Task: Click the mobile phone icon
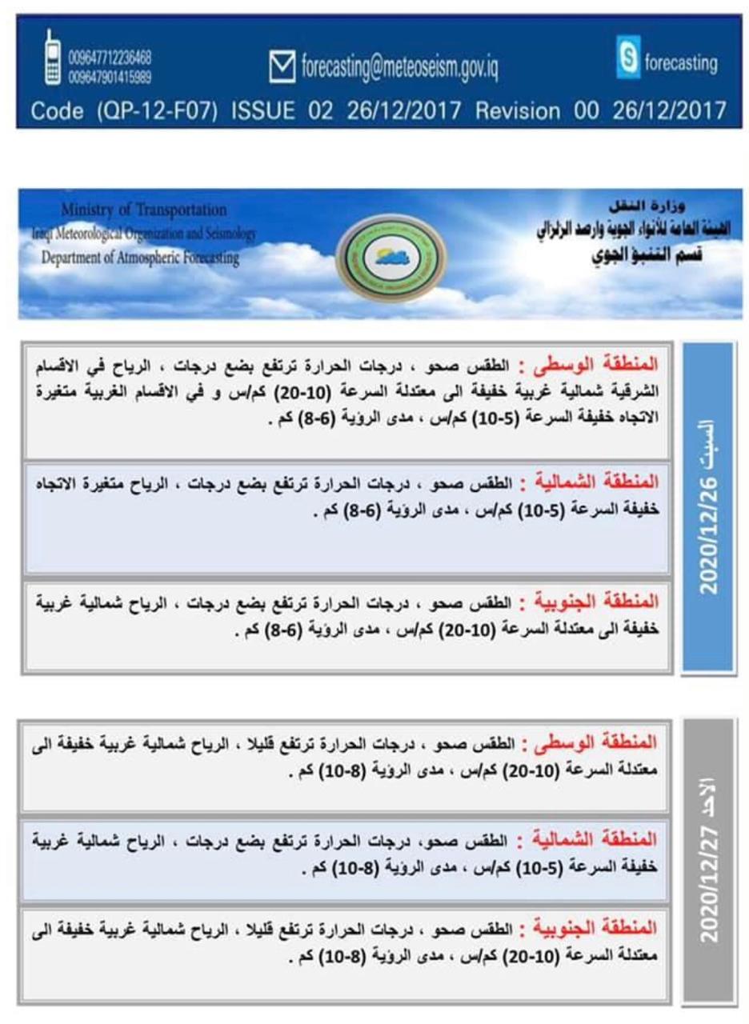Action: [x=53, y=58]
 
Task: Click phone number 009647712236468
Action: [x=110, y=58]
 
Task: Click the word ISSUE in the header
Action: [x=264, y=110]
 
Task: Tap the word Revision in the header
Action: [x=524, y=110]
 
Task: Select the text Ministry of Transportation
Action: [x=143, y=210]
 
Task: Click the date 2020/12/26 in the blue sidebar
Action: [x=709, y=533]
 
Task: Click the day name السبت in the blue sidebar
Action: [x=709, y=438]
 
